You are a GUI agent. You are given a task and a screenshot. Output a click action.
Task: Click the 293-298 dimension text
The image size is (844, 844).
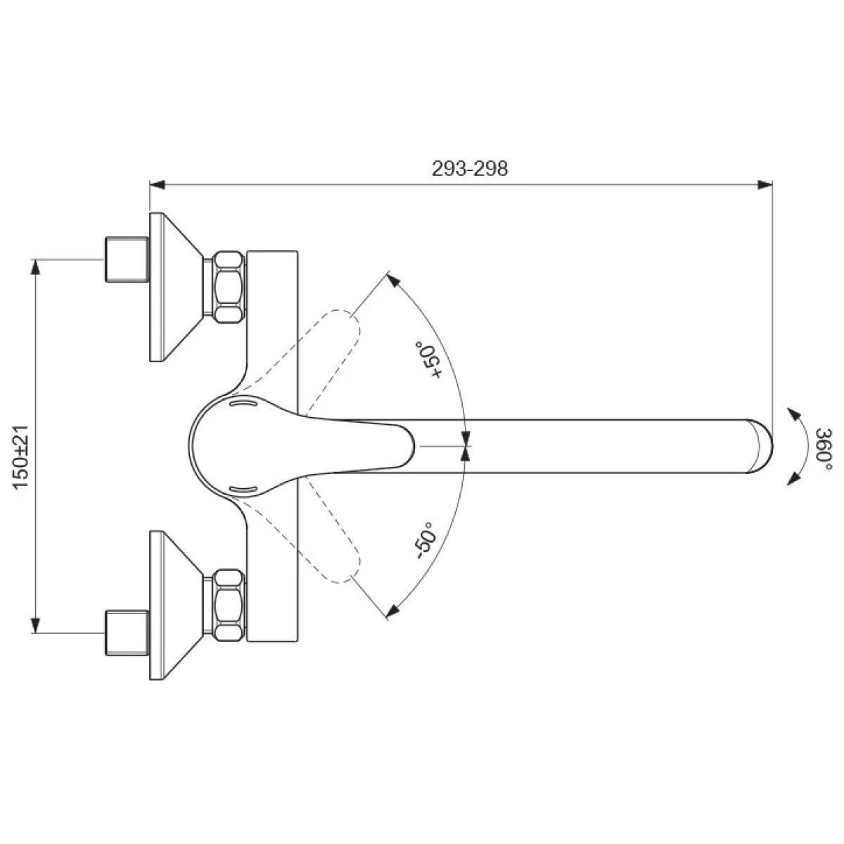tap(469, 170)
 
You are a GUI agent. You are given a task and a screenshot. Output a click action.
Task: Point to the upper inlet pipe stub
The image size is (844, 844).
tap(127, 260)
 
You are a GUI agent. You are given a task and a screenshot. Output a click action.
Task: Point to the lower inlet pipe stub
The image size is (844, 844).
tap(127, 633)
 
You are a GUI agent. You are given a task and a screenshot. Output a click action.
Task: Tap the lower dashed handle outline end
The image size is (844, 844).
tap(345, 567)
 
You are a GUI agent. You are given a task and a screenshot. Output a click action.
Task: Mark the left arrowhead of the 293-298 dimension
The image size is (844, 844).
tap(156, 185)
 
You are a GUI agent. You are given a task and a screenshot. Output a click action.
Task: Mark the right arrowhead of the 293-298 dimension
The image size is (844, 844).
tap(765, 185)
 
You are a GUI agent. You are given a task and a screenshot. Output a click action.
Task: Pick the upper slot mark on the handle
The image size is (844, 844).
tap(245, 404)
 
